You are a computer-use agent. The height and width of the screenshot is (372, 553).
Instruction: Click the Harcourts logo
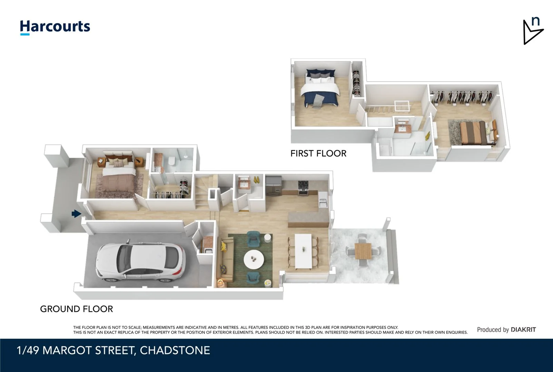coord(55,27)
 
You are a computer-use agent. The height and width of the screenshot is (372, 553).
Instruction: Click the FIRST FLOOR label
coord(318,153)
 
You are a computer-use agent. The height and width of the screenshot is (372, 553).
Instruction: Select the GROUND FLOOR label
coord(76,309)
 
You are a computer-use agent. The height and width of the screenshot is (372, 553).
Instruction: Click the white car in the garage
coord(140,262)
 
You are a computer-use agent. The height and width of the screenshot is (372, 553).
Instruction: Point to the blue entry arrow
coord(76,214)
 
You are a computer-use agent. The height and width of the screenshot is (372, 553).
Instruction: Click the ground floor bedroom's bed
coord(119,178)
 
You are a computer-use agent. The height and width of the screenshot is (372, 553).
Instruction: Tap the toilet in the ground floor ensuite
coord(171,161)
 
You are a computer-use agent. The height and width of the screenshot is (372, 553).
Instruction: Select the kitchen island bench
coord(308,219)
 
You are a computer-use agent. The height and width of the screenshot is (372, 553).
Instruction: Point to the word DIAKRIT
coord(523,330)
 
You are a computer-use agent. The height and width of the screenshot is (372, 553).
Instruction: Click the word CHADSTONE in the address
coord(175,350)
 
